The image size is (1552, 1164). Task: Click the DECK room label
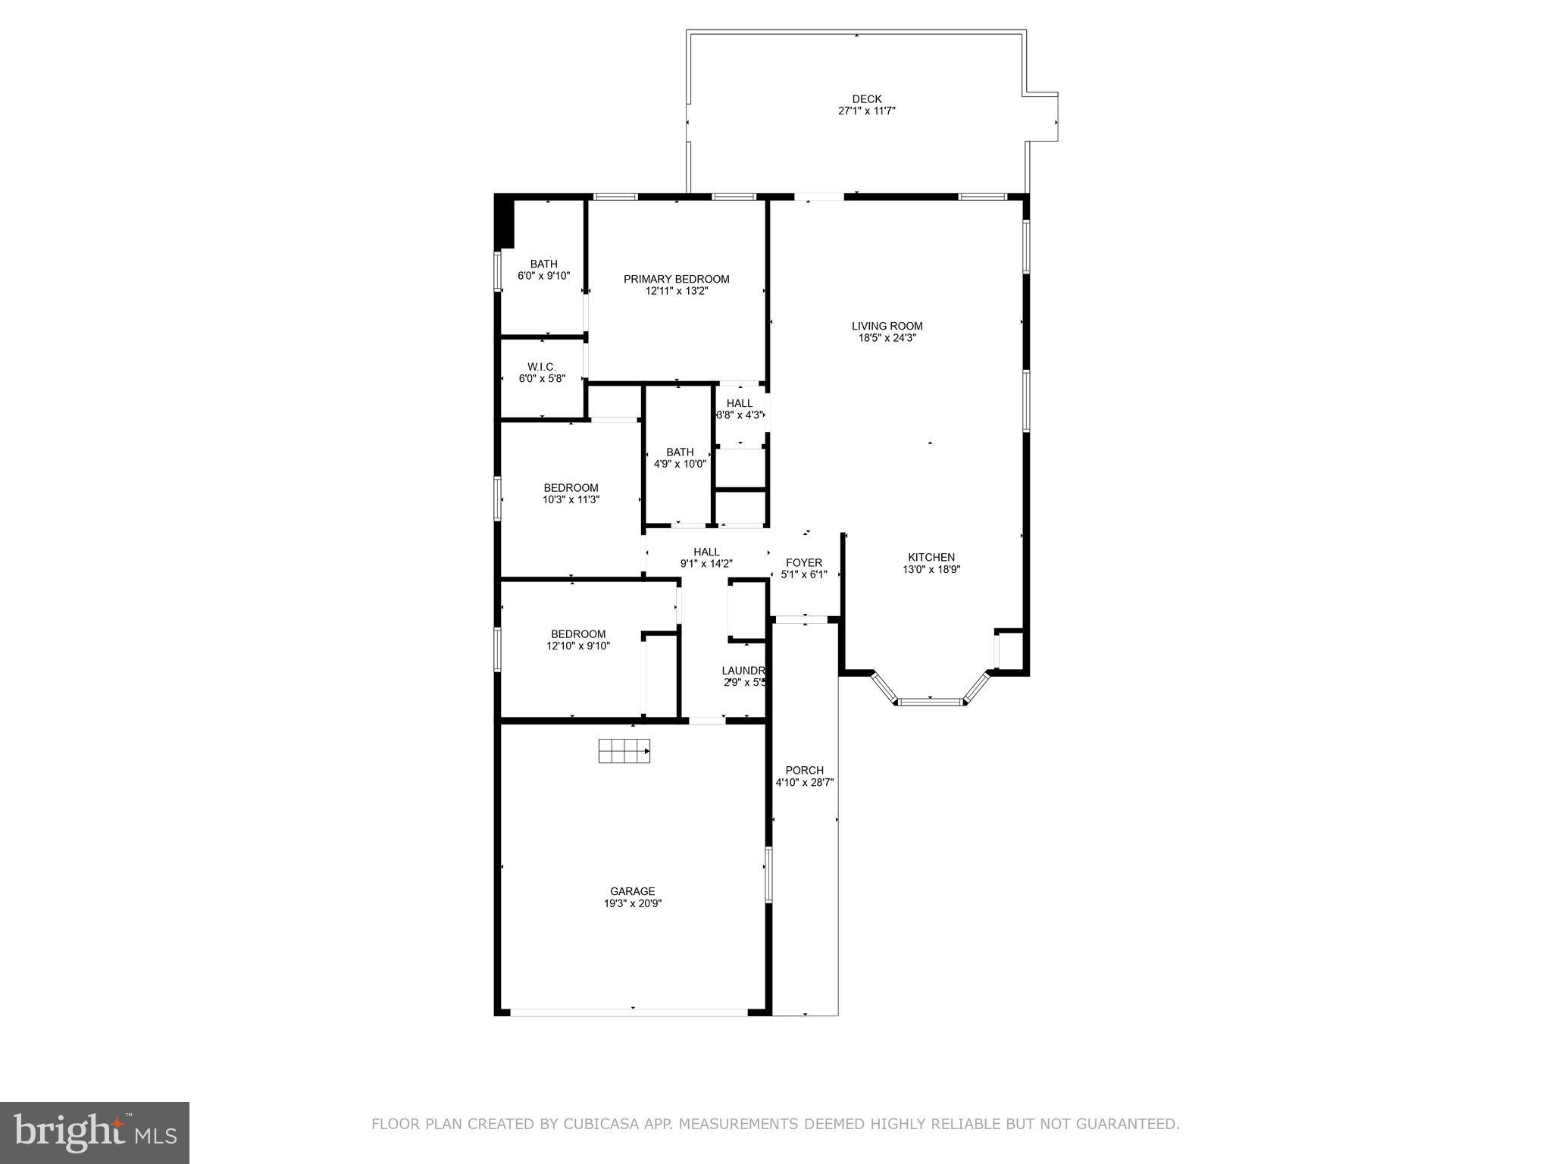[867, 99]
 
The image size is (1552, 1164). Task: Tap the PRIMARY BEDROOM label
[676, 279]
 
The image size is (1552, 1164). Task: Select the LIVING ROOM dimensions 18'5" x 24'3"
[887, 339]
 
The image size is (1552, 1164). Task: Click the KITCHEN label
[931, 557]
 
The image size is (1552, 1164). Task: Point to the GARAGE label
[632, 891]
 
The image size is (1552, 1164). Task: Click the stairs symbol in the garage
[624, 751]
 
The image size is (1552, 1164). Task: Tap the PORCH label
[804, 770]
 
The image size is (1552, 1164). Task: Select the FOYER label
[804, 563]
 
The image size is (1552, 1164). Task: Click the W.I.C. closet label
[542, 367]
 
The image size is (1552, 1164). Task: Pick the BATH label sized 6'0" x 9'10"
[543, 264]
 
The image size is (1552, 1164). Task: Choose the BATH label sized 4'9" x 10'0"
[680, 452]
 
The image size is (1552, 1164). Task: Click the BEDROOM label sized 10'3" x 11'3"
[571, 488]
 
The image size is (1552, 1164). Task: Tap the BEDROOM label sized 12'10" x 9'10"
[578, 634]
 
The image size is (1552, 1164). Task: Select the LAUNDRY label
[744, 671]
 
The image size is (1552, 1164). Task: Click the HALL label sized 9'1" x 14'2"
[706, 552]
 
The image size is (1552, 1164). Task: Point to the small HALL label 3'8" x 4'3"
[740, 403]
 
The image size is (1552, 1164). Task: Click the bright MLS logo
[94, 1132]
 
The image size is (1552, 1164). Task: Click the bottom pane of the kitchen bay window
[931, 702]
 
